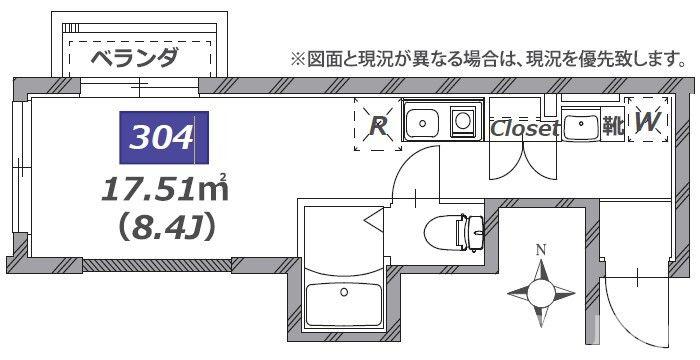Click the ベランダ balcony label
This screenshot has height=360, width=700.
click(134, 57)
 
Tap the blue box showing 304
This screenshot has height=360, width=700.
click(163, 137)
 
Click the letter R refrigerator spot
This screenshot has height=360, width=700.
click(378, 126)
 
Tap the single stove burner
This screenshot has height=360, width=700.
click(464, 122)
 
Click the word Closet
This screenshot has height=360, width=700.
click(523, 128)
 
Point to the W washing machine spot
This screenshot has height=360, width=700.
click(647, 123)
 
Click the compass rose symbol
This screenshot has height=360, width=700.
click(541, 291)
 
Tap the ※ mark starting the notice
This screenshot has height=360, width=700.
click(297, 59)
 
